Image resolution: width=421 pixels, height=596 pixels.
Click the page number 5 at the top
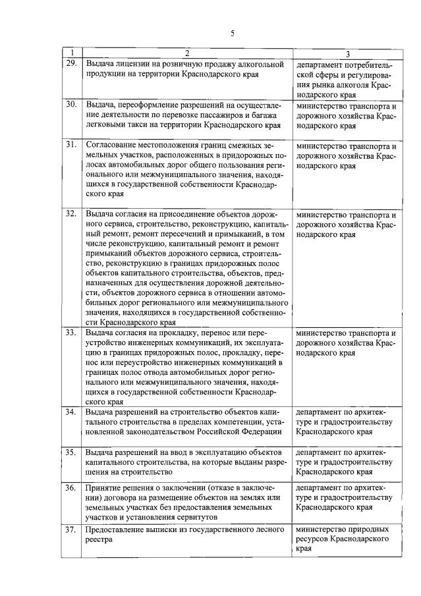[233, 34]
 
